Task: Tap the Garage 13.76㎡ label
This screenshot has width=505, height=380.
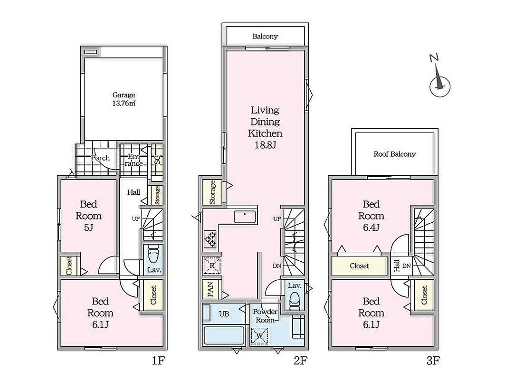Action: (124, 99)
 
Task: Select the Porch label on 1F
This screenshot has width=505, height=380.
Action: (100, 158)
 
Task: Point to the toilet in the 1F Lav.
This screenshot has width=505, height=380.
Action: (153, 255)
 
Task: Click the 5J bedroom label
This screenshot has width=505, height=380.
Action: (88, 228)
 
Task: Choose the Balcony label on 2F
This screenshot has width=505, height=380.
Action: (265, 36)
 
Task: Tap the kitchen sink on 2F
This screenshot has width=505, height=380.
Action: (245, 217)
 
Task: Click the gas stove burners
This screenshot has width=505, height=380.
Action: (210, 239)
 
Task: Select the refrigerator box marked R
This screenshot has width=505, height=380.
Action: (212, 266)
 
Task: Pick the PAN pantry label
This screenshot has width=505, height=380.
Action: (210, 289)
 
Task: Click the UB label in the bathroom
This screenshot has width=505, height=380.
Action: (224, 313)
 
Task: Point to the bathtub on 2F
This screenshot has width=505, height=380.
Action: (224, 335)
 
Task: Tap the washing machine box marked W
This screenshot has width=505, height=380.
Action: (259, 336)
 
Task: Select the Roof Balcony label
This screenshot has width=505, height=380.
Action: (394, 154)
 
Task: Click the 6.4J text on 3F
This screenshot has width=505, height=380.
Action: (372, 228)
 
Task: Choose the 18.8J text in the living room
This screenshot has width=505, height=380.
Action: (265, 145)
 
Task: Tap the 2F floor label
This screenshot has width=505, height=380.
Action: (300, 361)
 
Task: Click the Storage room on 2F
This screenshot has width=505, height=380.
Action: (212, 192)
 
